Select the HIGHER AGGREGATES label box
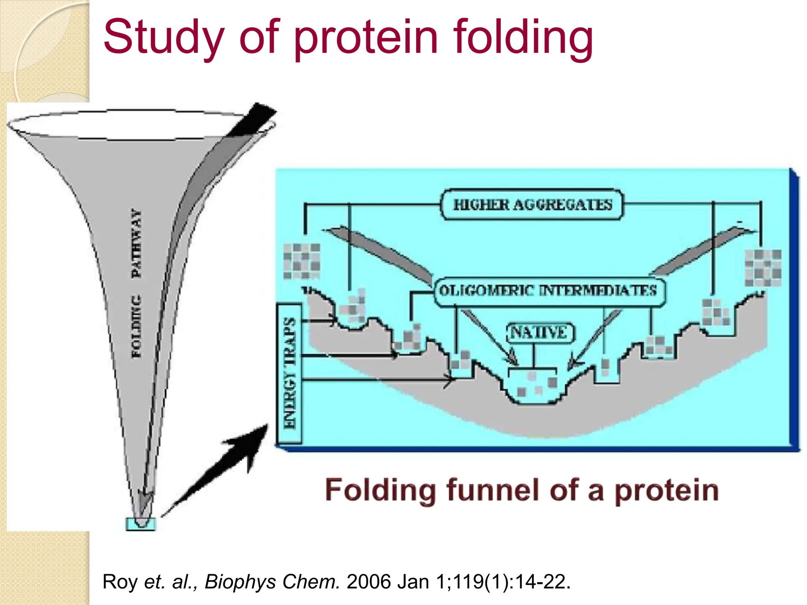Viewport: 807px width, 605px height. [532, 205]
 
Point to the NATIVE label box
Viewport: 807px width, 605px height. [539, 333]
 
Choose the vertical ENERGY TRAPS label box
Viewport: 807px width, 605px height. [289, 373]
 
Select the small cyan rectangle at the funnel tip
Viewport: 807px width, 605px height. [141, 524]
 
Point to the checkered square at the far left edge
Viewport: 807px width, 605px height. [302, 261]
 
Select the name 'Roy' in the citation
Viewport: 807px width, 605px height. [120, 582]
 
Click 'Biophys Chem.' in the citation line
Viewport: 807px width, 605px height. [272, 582]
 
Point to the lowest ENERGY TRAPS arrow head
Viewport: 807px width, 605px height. [450, 380]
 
